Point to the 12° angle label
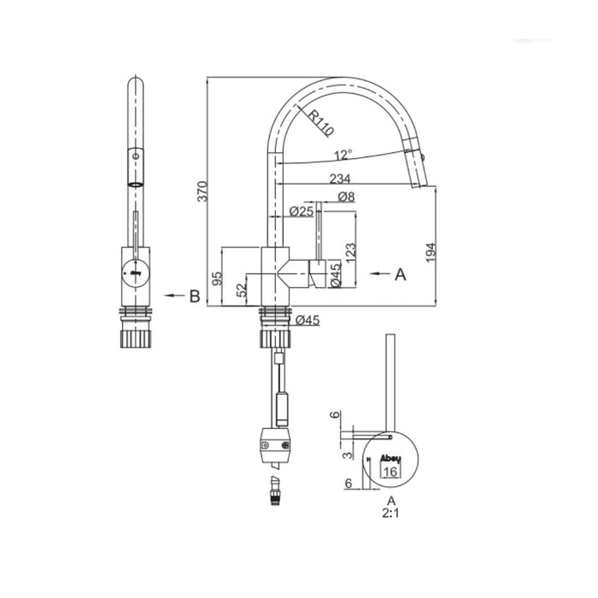coord(343,155)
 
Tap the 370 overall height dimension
coord(202,191)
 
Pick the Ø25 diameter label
coord(302,211)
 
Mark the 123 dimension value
coord(350,250)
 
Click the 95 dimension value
coord(217,278)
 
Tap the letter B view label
coord(195,296)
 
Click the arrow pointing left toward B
coord(173,296)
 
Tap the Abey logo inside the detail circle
coord(389,457)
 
